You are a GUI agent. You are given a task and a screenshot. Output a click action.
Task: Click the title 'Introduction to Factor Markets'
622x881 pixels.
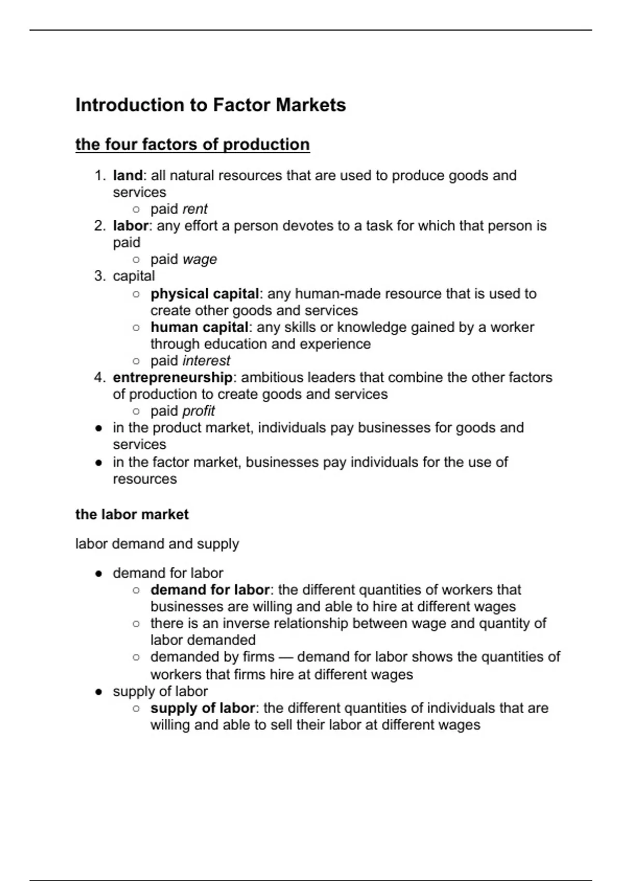click(210, 105)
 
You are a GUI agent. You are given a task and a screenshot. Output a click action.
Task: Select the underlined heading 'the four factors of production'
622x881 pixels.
click(192, 145)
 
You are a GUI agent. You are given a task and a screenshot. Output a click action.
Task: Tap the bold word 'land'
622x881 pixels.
click(128, 176)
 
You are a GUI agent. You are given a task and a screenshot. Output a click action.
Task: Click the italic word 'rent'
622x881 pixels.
click(195, 209)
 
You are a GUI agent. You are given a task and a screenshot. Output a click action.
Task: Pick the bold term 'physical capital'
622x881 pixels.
click(205, 294)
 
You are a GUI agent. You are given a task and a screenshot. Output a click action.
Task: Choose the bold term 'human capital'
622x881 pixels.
click(200, 328)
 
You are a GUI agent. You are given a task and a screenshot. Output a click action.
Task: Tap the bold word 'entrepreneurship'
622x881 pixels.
click(173, 377)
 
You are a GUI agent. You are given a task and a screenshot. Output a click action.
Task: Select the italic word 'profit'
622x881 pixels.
click(199, 411)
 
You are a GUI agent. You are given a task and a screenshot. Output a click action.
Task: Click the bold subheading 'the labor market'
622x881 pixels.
click(132, 515)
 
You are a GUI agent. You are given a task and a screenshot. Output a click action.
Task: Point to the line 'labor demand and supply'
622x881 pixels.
click(157, 544)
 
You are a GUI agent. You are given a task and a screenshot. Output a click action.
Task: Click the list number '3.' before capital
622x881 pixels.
click(100, 276)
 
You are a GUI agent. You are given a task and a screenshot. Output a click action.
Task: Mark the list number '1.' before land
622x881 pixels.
click(100, 176)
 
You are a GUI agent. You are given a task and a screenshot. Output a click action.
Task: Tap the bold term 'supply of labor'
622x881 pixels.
click(203, 708)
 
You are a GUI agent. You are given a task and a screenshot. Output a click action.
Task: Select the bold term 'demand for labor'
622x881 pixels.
click(210, 590)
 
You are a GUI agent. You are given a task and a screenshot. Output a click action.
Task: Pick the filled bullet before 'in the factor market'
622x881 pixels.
click(98, 462)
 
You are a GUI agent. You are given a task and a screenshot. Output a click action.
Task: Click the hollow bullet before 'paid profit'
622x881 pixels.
click(136, 411)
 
